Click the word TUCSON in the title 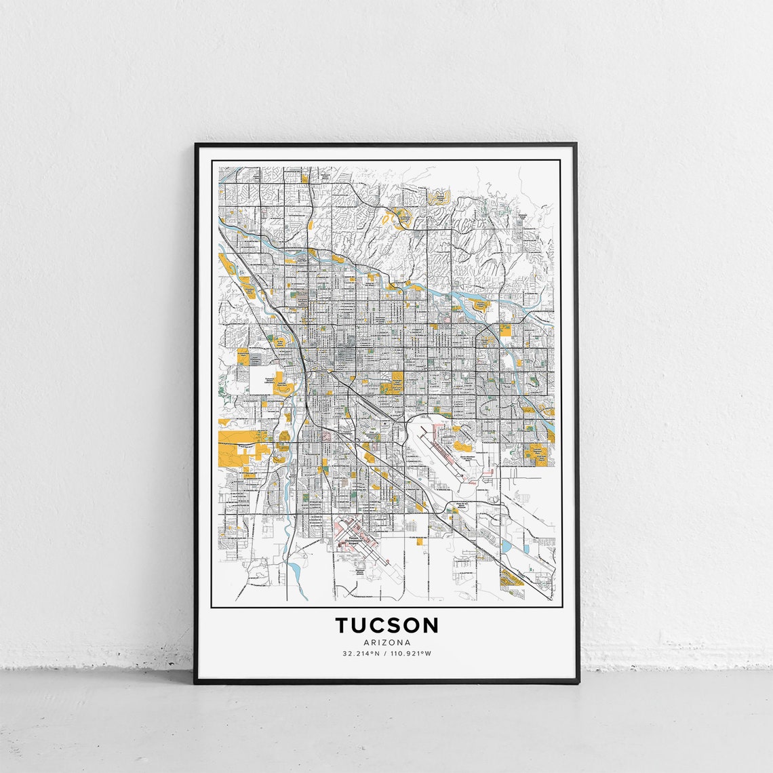(x=386, y=625)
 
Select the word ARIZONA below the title (x=386, y=642)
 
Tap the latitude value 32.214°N (x=361, y=654)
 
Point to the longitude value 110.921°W (x=409, y=654)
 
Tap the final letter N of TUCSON (x=430, y=625)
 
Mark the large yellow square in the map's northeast (x=505, y=330)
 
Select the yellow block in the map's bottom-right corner (x=510, y=578)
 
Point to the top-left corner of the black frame (x=196, y=144)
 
